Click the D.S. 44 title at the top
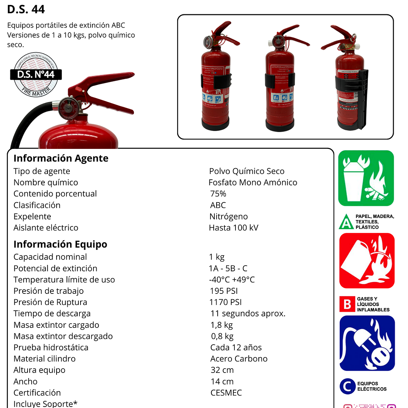(x=26, y=9)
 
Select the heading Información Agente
(x=61, y=158)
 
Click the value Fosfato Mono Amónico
(x=253, y=183)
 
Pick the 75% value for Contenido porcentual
(x=218, y=194)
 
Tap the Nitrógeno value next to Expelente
(x=228, y=217)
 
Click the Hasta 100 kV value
(x=233, y=228)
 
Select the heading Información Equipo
(x=60, y=244)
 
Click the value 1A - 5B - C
(x=228, y=268)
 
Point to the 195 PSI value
(x=224, y=291)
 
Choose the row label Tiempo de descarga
(x=52, y=314)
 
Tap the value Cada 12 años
(x=236, y=348)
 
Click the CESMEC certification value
(x=226, y=393)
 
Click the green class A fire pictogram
(x=366, y=178)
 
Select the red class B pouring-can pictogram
(x=366, y=261)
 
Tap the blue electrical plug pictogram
(x=367, y=343)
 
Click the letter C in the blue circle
(x=347, y=386)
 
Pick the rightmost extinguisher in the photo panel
(x=349, y=79)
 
